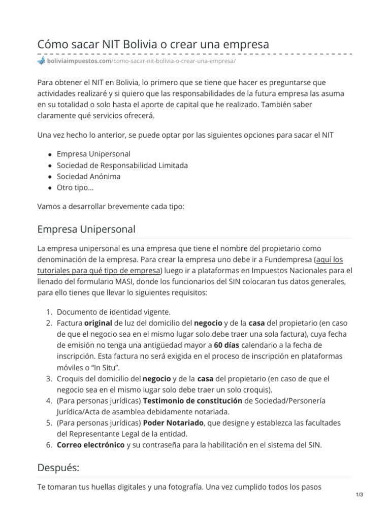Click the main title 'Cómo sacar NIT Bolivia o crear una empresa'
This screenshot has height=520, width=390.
pyautogui.click(x=153, y=44)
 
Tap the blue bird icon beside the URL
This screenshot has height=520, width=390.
pyautogui.click(x=41, y=61)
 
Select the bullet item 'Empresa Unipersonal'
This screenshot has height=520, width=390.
pyautogui.click(x=93, y=154)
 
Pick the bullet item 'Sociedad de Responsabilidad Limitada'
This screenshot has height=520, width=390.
pyautogui.click(x=122, y=165)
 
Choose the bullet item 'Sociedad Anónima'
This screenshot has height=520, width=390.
pyautogui.click(x=88, y=177)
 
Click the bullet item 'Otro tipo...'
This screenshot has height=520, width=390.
pyautogui.click(x=75, y=188)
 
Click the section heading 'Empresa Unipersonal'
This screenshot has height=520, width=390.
pyautogui.click(x=86, y=229)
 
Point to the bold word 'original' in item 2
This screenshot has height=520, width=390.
pyautogui.click(x=98, y=322)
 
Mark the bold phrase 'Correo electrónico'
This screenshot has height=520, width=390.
pyautogui.click(x=90, y=445)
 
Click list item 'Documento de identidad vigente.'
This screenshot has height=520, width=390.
pyautogui.click(x=114, y=311)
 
